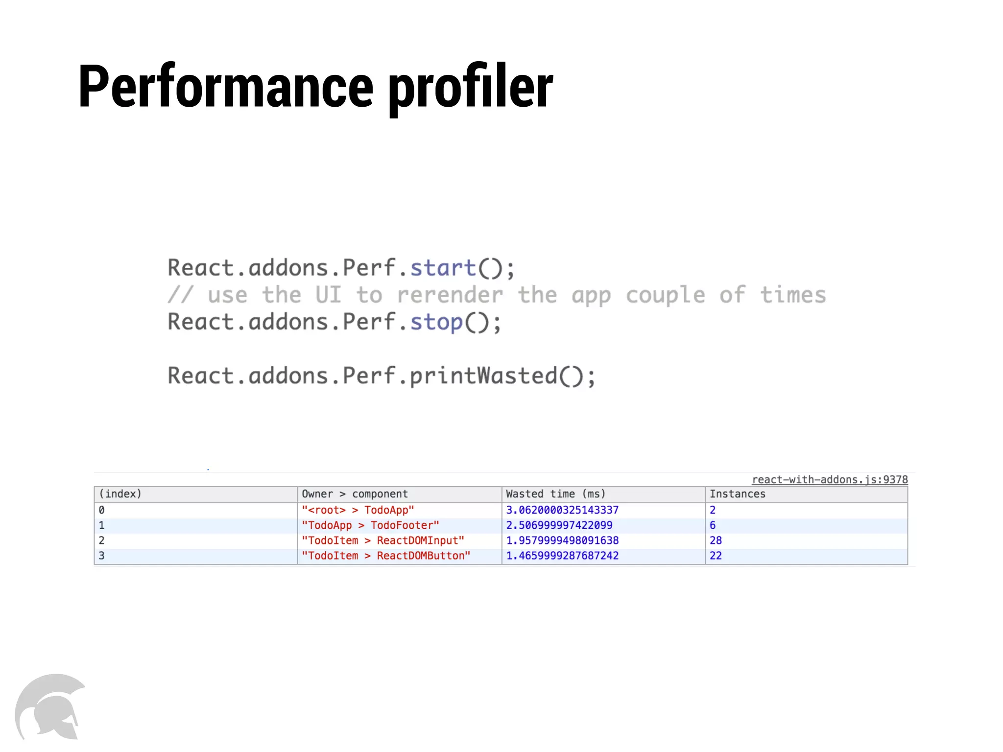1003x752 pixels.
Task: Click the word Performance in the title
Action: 225,87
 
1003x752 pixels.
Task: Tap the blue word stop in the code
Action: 436,322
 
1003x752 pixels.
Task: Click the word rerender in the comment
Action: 450,295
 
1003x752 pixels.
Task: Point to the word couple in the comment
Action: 665,295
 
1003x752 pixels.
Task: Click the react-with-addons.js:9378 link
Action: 830,479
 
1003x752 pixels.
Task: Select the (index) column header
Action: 120,494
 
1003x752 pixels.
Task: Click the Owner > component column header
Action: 355,494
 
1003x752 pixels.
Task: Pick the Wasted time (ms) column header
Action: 555,494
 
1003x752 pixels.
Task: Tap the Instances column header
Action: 737,494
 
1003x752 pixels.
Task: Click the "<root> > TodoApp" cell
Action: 358,510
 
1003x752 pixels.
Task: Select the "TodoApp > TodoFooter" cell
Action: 370,525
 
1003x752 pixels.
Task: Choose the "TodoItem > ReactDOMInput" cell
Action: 382,540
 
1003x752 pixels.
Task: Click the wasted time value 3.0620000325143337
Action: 562,510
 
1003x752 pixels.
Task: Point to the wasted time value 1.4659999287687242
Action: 562,556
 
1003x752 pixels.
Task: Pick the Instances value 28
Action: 716,540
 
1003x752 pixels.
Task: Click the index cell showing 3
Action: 102,556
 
